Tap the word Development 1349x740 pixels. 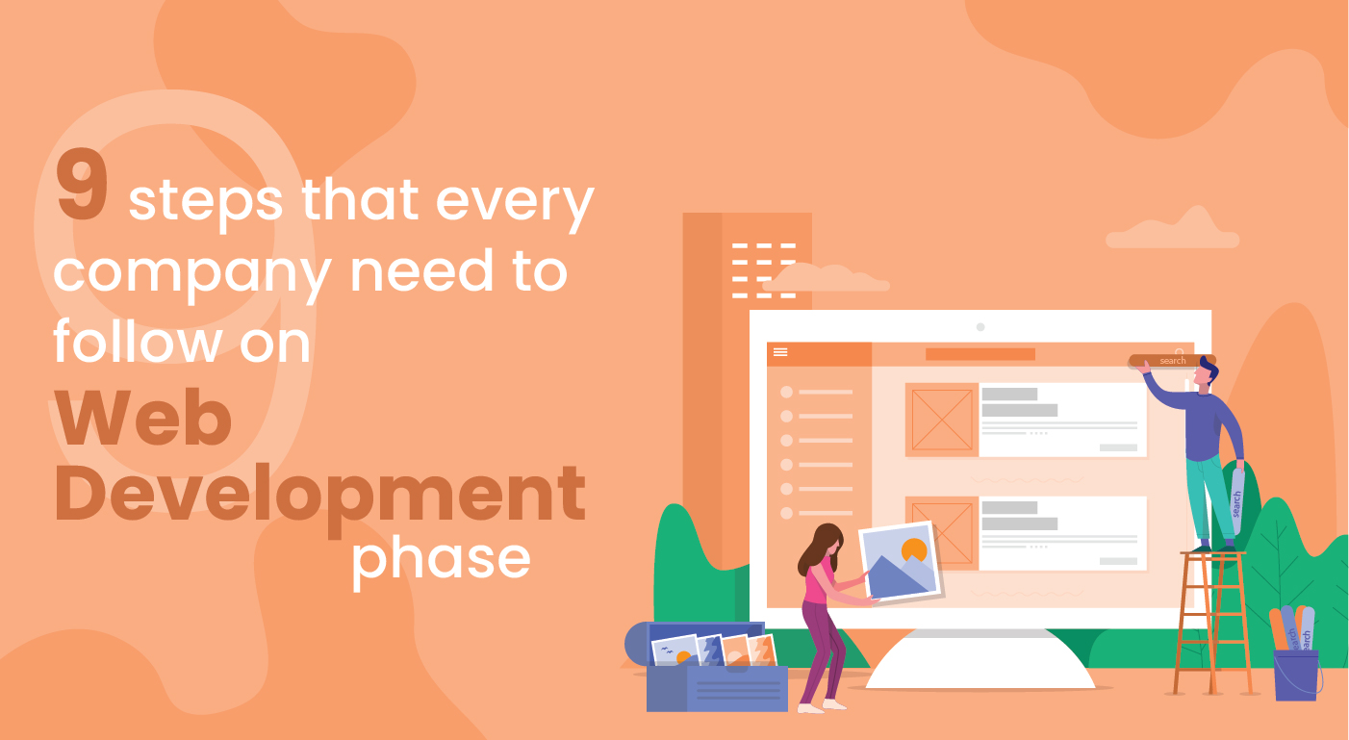click(x=319, y=493)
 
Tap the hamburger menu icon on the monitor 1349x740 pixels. click(x=780, y=352)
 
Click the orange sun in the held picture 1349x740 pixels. click(x=913, y=551)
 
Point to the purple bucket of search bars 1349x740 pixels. click(x=1295, y=674)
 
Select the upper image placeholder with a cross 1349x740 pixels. click(x=942, y=420)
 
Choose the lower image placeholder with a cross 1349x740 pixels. click(x=942, y=532)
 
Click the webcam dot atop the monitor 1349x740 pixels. click(x=980, y=327)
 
